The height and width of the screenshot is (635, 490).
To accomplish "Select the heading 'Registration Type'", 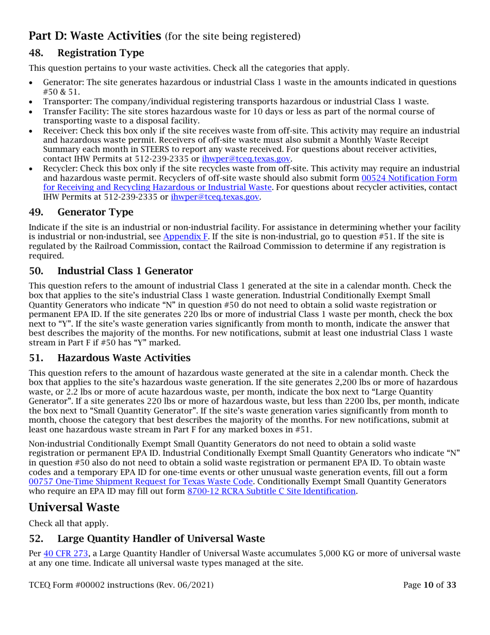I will click(101, 53).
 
